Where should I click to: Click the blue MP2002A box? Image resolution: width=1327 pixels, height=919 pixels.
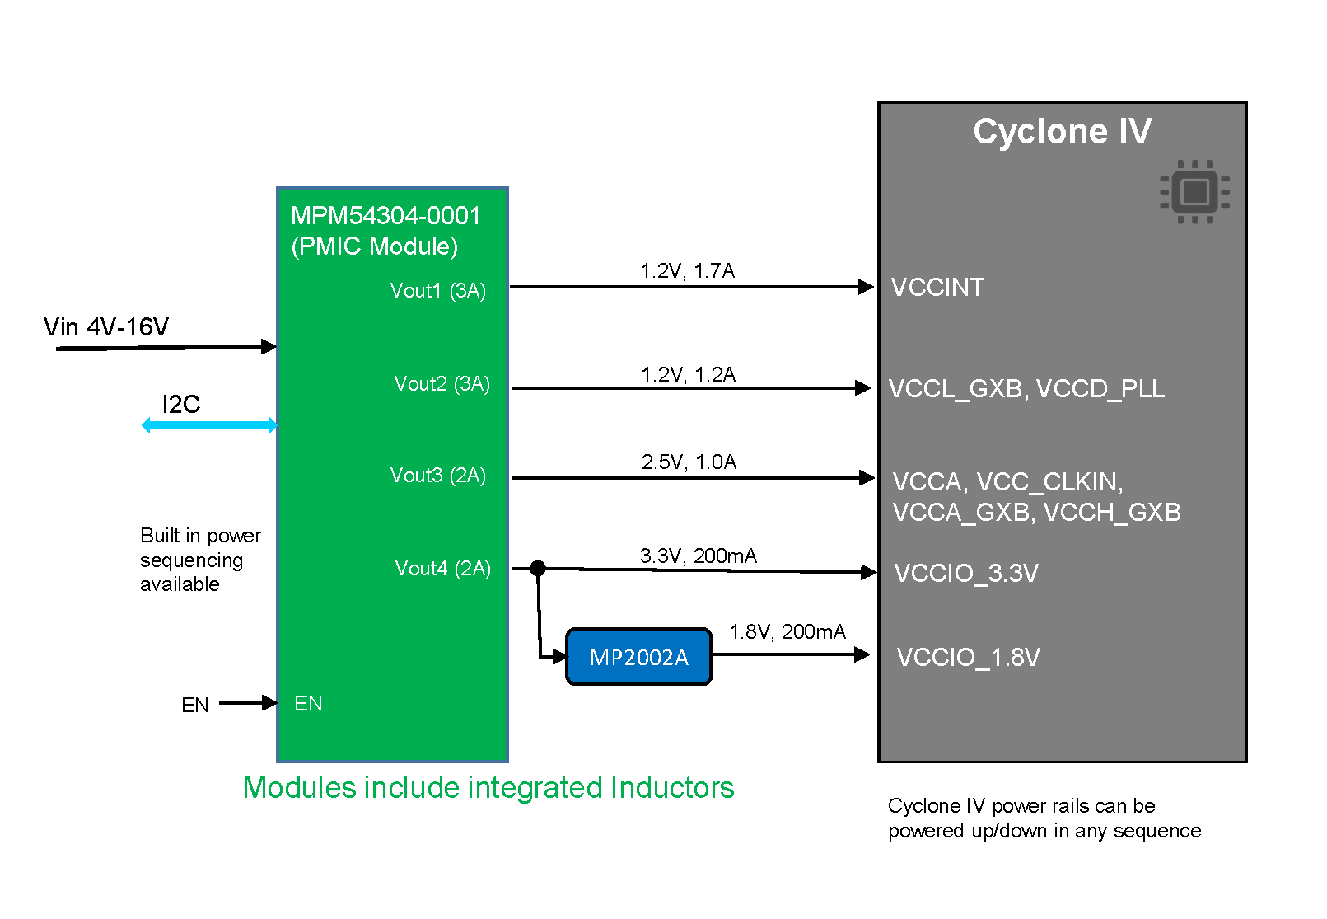(x=638, y=657)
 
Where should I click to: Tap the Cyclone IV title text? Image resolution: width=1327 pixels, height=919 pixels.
(x=1062, y=132)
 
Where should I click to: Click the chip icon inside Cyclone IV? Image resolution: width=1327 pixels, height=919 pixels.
(x=1194, y=192)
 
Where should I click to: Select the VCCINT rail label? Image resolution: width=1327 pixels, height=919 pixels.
(x=937, y=288)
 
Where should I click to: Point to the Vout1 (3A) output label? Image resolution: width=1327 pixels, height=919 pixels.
(x=437, y=291)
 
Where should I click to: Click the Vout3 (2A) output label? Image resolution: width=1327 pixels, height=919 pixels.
(x=437, y=476)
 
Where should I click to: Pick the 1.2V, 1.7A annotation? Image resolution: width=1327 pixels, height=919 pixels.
(x=687, y=271)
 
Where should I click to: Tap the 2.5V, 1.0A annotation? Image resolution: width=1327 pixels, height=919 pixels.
(x=689, y=462)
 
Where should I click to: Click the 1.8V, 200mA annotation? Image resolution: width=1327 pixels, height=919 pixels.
(x=787, y=632)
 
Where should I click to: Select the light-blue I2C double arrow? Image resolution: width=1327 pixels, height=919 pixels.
(x=209, y=425)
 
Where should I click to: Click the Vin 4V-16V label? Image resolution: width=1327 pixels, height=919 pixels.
(x=106, y=327)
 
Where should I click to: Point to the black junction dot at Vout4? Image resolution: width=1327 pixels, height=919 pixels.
(x=538, y=568)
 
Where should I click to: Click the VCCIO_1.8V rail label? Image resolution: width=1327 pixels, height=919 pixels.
(x=968, y=658)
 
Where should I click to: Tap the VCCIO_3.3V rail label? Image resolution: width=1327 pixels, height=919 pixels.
(x=966, y=574)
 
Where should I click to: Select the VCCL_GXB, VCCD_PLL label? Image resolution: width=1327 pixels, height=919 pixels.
(x=1026, y=389)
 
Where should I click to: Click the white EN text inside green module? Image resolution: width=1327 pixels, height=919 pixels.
(x=308, y=704)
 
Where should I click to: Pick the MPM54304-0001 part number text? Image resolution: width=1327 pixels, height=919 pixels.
(x=385, y=216)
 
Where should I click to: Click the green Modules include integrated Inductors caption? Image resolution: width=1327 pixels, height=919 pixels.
(x=488, y=788)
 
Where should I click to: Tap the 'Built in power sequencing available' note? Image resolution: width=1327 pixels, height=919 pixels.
(x=200, y=560)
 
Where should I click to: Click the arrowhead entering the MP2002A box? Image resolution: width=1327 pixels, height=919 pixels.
(x=559, y=657)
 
